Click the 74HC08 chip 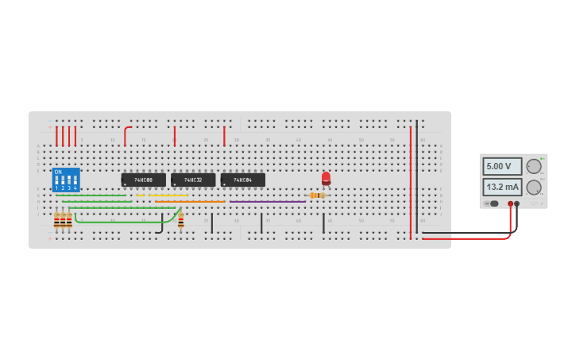143,180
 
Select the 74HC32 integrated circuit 193,180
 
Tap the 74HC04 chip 242,180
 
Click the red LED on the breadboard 326,178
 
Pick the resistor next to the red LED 317,195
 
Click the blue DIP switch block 66,180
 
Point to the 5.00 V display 502,166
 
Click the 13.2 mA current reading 502,188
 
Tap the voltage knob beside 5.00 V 533,166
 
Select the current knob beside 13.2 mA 533,188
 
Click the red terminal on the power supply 510,204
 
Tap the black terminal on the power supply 517,204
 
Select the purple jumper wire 267,202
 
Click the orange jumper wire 191,202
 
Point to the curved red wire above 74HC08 126,134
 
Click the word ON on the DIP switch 58,172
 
